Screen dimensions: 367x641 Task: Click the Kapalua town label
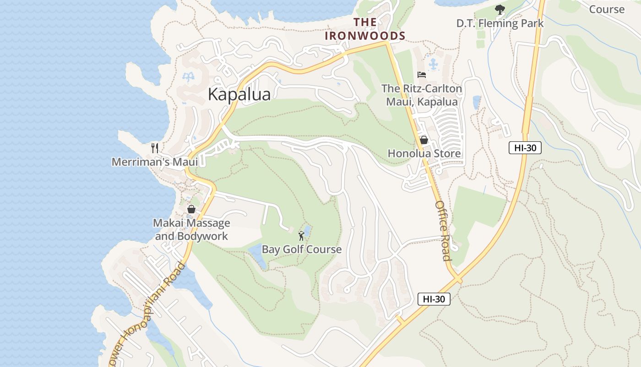coord(239,94)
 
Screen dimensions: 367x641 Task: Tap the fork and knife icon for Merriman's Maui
coord(155,148)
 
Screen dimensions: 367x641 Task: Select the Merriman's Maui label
coord(155,162)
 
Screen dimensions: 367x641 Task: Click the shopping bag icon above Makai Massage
coord(191,209)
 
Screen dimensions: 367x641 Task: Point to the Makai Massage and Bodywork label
coord(191,229)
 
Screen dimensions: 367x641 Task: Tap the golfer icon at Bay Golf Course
coord(301,236)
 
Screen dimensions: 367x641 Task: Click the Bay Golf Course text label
coord(301,249)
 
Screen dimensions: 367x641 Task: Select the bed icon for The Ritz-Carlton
coord(422,75)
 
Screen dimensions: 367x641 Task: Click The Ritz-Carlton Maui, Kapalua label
coord(422,95)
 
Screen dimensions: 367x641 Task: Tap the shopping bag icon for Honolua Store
coord(424,140)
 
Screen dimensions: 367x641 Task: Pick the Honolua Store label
coord(424,153)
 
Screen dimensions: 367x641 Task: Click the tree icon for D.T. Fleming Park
coord(500,9)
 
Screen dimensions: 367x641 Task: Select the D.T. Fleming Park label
coord(500,23)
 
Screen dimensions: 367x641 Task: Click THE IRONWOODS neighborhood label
coord(365,29)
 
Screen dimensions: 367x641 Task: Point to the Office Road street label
coord(443,230)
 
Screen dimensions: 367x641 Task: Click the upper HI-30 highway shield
coord(525,148)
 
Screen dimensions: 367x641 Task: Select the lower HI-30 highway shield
coord(434,299)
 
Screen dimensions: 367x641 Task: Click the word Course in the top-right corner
coord(606,9)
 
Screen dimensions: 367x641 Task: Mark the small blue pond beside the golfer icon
coord(307,230)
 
